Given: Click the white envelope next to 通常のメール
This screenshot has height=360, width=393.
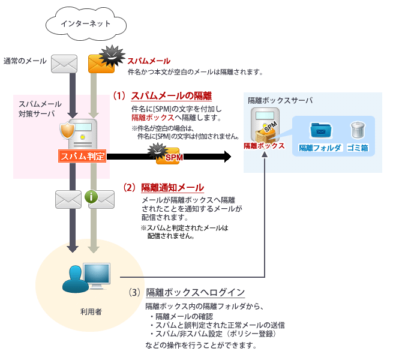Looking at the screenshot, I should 65,62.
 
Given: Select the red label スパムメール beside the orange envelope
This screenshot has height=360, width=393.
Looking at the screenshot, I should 148,61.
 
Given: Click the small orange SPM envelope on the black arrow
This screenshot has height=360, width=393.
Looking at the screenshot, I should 170,157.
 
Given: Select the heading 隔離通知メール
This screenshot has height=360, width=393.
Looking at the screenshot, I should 172,187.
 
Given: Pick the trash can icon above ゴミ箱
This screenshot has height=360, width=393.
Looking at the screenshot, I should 358,129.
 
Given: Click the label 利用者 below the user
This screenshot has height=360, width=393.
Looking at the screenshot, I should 91,312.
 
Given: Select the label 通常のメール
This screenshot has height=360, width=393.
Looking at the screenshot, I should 25,61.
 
